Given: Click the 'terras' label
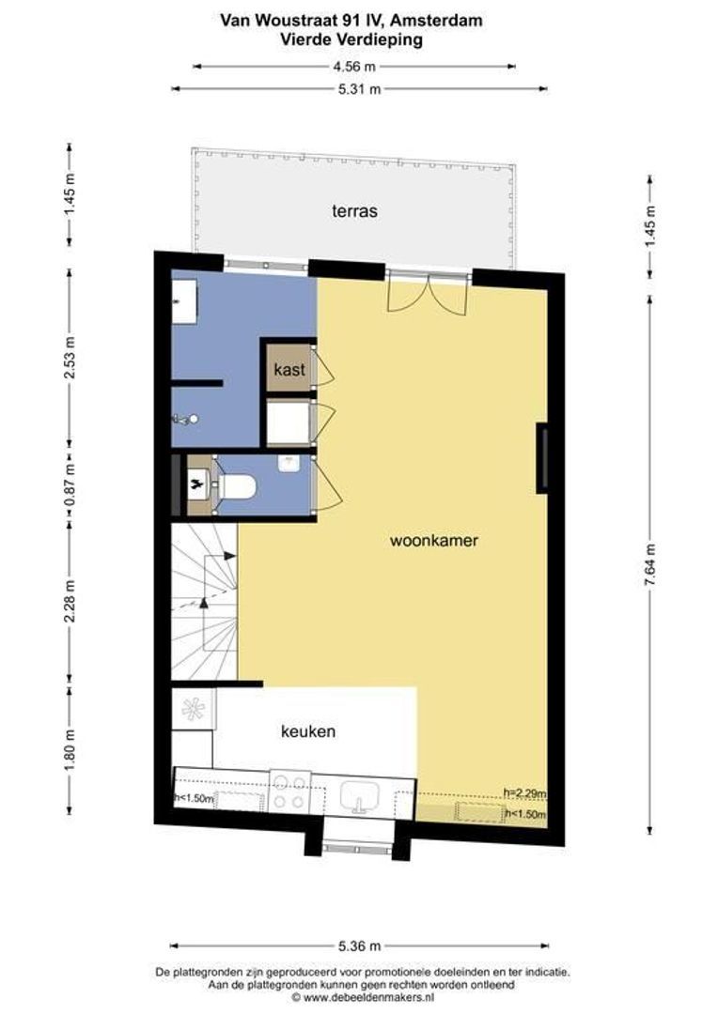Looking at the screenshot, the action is [x=354, y=211].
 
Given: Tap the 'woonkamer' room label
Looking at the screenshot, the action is [x=434, y=541].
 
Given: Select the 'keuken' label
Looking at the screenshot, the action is [x=308, y=731].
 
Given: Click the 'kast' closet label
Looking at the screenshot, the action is [x=289, y=370].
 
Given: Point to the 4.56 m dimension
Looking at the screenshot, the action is [x=354, y=66].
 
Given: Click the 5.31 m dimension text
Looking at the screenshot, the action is [x=359, y=89].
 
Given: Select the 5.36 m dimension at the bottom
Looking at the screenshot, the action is [x=359, y=946].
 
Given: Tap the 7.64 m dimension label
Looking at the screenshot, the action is [x=650, y=565].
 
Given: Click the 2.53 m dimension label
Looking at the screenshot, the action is [x=70, y=358].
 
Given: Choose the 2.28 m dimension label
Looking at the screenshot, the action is [x=70, y=602].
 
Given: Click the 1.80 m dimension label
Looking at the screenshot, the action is [x=70, y=749].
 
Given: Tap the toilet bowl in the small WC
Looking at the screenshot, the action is [x=238, y=486].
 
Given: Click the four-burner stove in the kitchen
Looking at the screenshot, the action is [x=289, y=792].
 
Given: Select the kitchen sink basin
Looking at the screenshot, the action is [x=361, y=794].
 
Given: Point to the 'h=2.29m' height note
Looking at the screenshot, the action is [x=524, y=792].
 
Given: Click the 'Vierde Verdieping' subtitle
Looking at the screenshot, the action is [x=351, y=39].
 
